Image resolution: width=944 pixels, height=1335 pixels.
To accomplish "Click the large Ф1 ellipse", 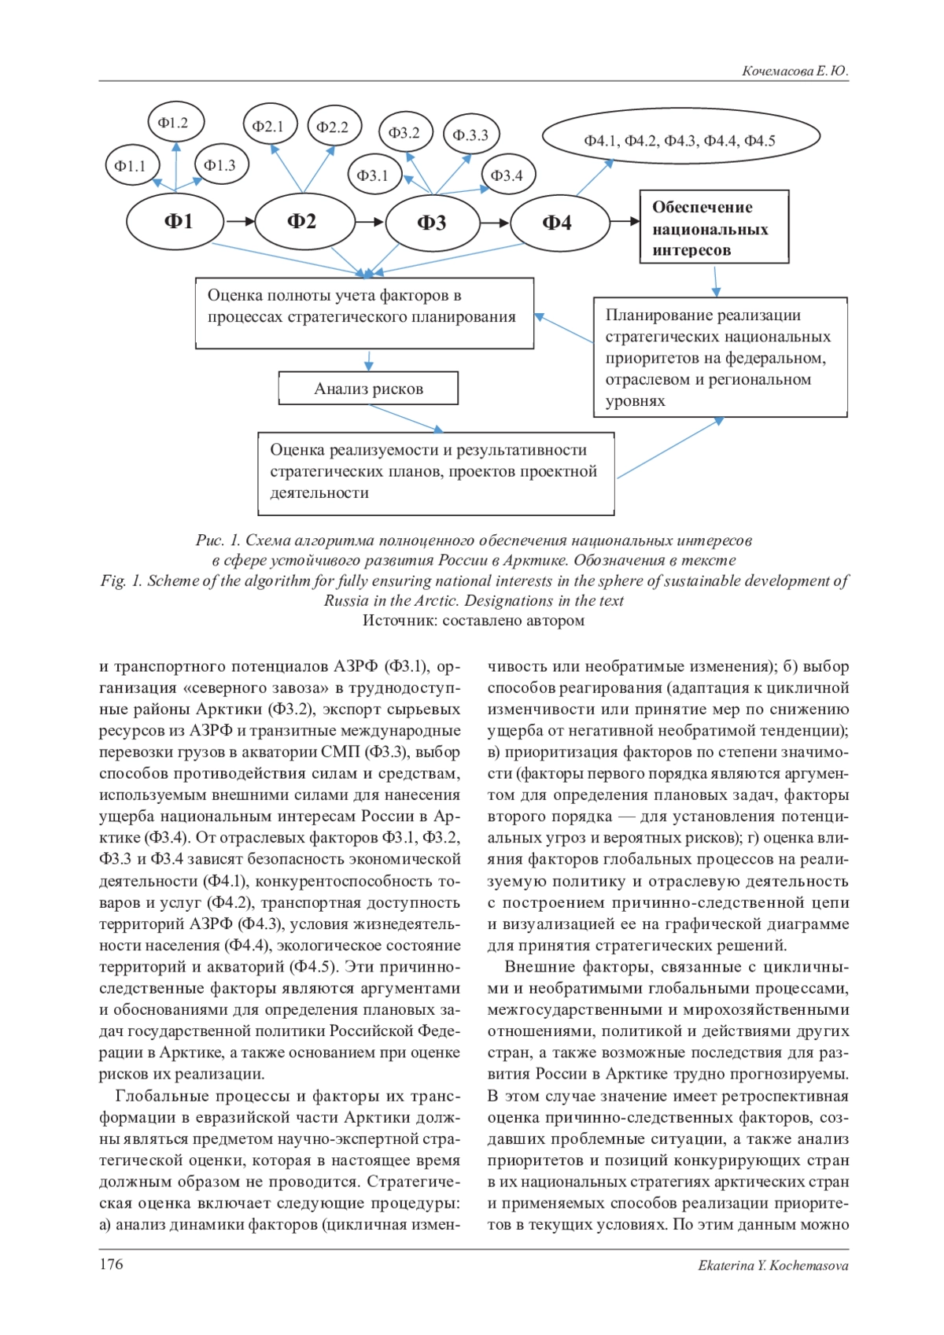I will pos(175,221).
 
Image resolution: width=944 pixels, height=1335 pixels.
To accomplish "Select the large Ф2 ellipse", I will pos(303,221).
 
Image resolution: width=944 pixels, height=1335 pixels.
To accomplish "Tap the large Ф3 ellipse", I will pos(431,223).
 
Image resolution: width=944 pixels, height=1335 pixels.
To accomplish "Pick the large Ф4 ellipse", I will pos(559,223).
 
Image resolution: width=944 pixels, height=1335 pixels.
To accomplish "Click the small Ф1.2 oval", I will pos(175,123).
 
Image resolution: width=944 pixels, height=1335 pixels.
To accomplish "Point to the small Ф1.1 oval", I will pos(131,166).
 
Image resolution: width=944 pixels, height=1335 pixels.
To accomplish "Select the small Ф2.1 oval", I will pos(268,126).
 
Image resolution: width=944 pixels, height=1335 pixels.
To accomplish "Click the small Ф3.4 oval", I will pos(507,175).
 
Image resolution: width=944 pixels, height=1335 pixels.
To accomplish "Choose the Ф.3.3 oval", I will pos(470,135).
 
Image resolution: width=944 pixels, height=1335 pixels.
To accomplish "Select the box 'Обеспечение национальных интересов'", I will pos(713,227).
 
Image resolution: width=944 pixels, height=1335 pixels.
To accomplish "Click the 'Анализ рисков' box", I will pos(368,389).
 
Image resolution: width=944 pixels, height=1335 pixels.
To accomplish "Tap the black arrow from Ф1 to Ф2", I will pos(240,222).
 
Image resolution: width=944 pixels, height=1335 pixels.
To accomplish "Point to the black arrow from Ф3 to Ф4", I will pos(495,223).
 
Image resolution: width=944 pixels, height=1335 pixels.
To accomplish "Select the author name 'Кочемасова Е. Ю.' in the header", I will pos(795,71).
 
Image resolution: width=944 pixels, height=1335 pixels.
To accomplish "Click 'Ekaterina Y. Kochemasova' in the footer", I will pos(773,1266).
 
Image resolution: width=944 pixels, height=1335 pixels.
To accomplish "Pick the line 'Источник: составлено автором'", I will pos(473,621).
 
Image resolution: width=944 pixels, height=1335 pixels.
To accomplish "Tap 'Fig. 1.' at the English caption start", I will pos(121,581).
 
